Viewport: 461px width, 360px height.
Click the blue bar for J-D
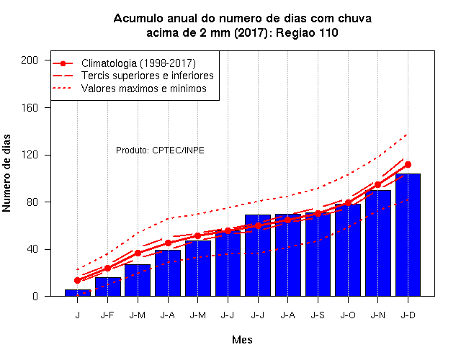(408, 235)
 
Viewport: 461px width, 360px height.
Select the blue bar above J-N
(377, 243)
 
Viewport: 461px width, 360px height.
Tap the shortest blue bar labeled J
(78, 293)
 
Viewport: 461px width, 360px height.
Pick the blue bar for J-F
(108, 287)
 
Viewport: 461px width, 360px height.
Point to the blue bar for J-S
(318, 254)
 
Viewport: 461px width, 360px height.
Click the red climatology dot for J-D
(408, 165)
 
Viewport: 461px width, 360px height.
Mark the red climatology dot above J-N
(377, 184)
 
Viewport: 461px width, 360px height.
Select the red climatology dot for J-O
(348, 203)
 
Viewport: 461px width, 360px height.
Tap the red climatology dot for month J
(78, 280)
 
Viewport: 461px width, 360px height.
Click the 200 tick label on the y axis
(30, 60)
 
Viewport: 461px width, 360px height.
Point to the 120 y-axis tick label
(30, 155)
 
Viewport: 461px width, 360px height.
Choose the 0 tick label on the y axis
(35, 296)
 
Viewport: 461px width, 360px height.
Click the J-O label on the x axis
(348, 315)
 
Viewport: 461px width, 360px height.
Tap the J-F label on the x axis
(107, 315)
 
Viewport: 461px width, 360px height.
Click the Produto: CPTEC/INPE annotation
(160, 150)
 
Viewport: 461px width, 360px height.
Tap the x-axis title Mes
(242, 340)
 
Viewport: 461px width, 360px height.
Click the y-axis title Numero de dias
(6, 173)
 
